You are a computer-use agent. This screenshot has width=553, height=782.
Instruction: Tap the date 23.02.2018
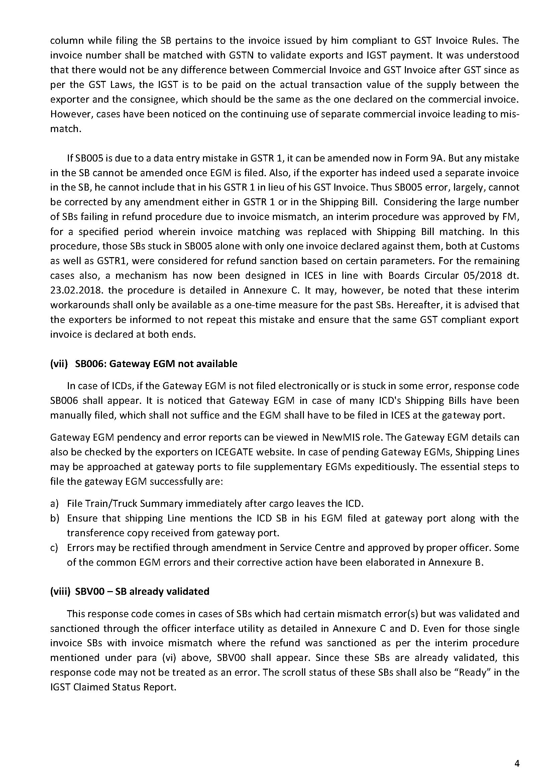pos(74,290)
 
